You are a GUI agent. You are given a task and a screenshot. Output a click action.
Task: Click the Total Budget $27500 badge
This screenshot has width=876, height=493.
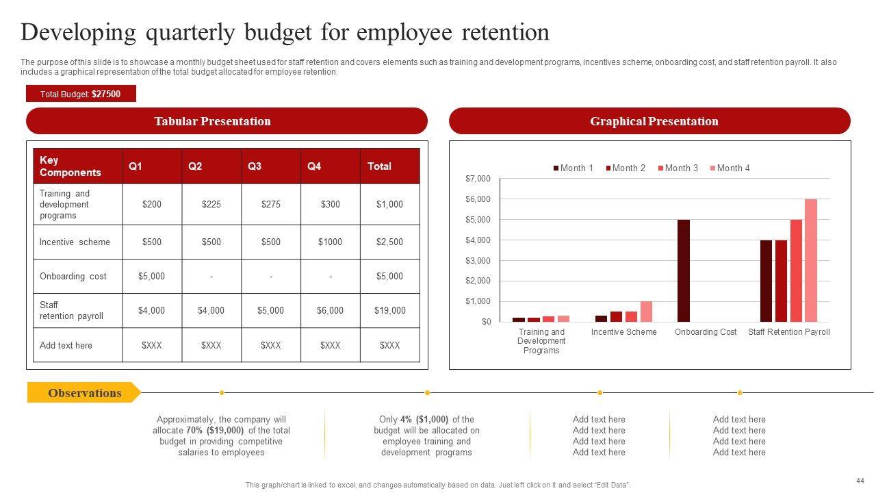coord(81,94)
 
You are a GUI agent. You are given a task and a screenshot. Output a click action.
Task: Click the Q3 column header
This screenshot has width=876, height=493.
coord(255,166)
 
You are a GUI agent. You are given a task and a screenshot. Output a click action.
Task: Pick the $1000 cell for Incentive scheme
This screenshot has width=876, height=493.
coord(330,242)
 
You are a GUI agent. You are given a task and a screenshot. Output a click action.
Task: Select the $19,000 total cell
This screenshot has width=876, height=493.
coord(389,310)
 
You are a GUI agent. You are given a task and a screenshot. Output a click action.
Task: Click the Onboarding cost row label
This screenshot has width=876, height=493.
coord(73,276)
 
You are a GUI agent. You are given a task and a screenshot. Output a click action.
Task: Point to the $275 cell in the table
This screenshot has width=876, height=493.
coord(270,204)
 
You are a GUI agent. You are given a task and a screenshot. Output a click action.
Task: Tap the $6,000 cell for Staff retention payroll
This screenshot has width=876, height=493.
coord(330,310)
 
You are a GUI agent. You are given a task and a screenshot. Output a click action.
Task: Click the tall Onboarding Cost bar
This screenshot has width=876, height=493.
coord(683,270)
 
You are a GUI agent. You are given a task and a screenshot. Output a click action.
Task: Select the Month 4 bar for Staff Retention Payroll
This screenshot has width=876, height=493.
coord(811,260)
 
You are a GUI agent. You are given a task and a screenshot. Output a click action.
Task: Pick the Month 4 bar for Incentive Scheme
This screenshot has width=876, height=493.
coord(646,312)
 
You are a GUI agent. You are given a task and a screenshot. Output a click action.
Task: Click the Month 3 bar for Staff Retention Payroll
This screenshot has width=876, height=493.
coord(796,270)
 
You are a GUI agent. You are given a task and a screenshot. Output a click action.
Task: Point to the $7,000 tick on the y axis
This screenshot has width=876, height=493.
coord(478,179)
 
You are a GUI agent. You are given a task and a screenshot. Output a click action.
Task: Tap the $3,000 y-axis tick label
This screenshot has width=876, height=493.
coord(478,260)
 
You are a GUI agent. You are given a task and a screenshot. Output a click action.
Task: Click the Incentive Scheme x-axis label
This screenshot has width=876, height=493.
coord(623,332)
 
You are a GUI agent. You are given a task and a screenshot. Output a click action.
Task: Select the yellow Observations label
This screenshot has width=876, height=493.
coord(83,393)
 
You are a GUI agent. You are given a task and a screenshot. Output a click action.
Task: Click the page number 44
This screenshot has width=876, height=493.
coord(860,481)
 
